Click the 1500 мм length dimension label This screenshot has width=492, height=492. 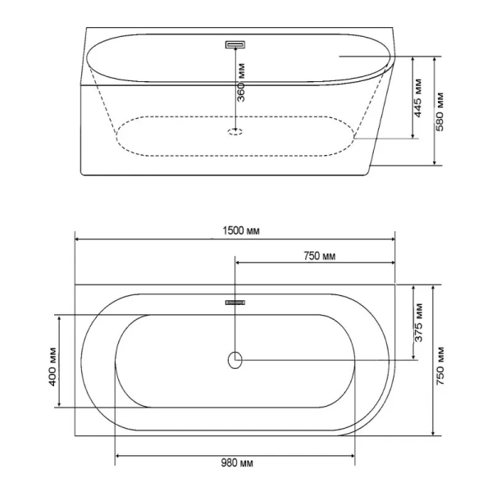[241, 231]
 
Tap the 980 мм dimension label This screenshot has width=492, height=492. [237, 463]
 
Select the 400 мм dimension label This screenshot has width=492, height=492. [52, 367]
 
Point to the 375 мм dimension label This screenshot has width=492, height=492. [419, 322]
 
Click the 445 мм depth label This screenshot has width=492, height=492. [418, 98]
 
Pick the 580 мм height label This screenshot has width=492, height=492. [440, 112]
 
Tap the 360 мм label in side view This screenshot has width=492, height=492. [241, 83]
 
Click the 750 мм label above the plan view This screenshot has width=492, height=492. [320, 256]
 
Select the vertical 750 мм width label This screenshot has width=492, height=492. [440, 366]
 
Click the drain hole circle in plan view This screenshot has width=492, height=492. [235, 360]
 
